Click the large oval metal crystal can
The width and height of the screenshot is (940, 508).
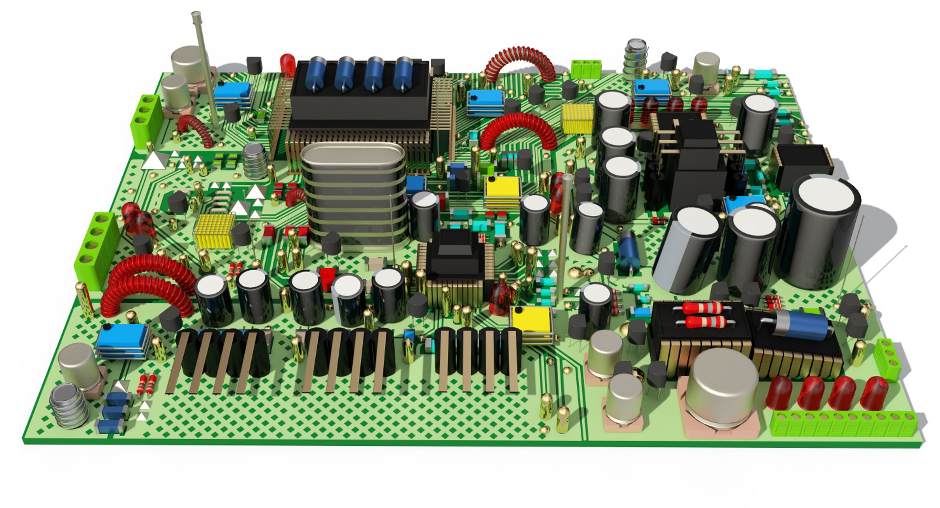tap(353, 196)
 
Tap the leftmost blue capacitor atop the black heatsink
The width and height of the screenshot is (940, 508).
tap(316, 73)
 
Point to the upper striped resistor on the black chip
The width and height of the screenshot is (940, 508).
tap(702, 308)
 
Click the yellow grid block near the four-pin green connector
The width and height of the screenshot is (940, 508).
tap(214, 231)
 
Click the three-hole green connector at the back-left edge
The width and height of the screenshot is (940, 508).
tap(146, 120)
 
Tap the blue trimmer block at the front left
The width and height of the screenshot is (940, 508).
tap(122, 340)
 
